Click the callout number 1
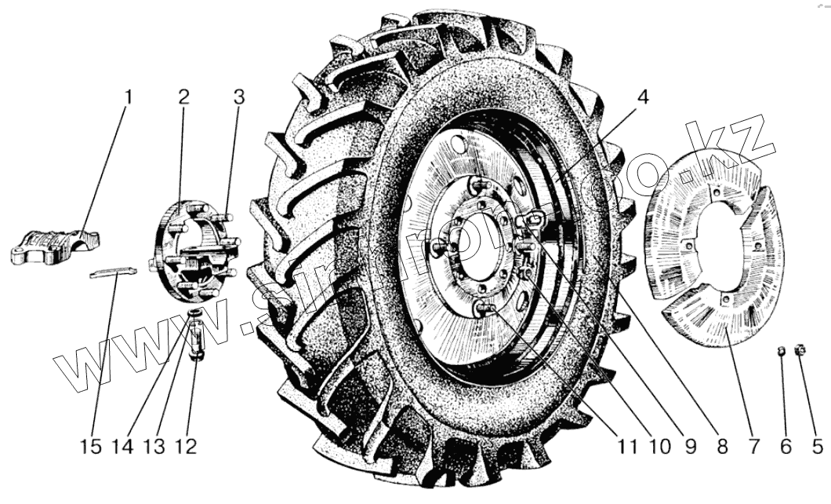129,98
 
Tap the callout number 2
183,98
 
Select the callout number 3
238,98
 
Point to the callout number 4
642,98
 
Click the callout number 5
817,447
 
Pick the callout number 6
785,447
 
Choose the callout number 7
753,447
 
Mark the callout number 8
722,447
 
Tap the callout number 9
690,447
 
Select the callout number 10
659,447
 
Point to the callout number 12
187,447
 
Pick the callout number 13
154,447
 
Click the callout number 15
91,447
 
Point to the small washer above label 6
781,350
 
